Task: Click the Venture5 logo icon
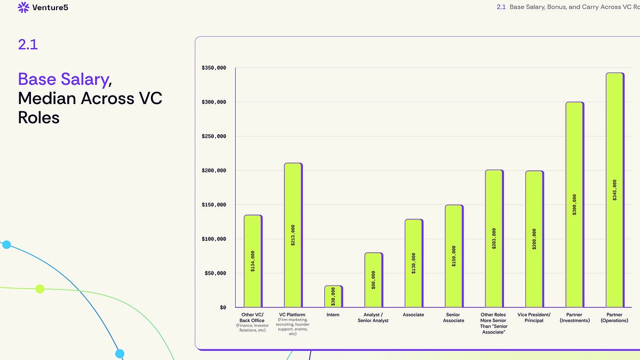pos(23,7)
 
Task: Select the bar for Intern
pos(333,297)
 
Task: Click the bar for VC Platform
pos(293,235)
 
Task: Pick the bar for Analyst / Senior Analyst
pos(373,280)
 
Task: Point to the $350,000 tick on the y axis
pos(214,68)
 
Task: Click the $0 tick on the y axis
pos(222,307)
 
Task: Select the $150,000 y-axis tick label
pos(214,205)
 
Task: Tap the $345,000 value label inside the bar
pos(615,190)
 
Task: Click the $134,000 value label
pos(253,261)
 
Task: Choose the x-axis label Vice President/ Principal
pos(534,317)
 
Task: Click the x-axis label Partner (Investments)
pos(574,317)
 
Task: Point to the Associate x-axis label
pos(413,315)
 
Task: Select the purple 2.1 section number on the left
pos(28,45)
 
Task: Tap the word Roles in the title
pos(39,117)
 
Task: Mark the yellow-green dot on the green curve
pos(39,289)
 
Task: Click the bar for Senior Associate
pos(453,256)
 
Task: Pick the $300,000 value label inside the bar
pos(574,205)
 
